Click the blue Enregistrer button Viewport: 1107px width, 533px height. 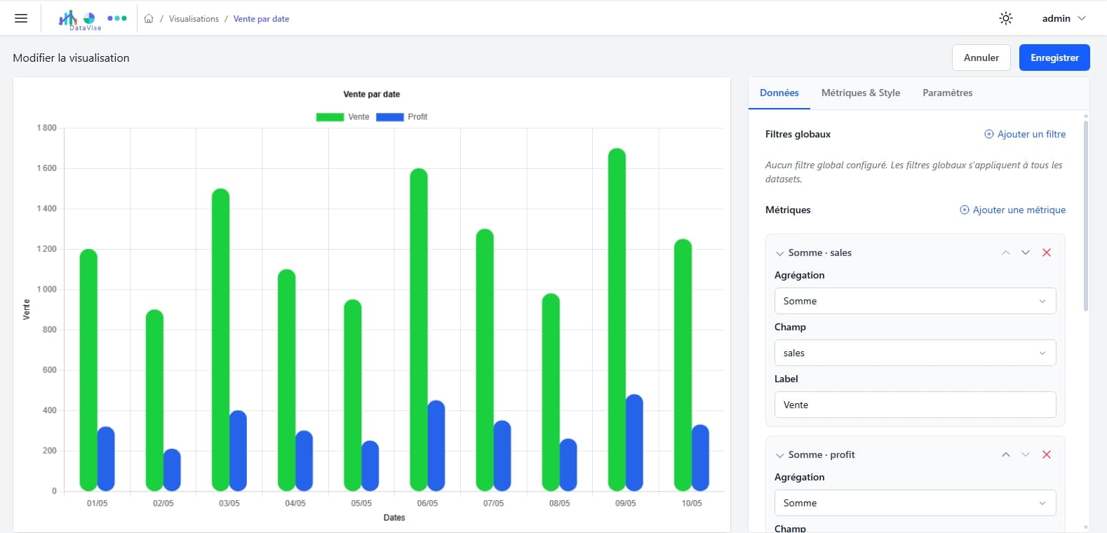1054,58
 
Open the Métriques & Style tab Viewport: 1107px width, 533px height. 860,93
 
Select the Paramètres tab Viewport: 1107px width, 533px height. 947,93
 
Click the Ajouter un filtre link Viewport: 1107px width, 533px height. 1025,134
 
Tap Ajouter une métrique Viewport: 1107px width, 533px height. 1012,210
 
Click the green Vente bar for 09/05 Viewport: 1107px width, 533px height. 617,320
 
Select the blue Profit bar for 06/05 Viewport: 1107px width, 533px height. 436,445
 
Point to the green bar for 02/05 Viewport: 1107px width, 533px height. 154,400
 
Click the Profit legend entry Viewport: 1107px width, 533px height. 402,117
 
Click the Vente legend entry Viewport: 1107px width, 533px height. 343,117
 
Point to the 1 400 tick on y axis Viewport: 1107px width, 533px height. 47,208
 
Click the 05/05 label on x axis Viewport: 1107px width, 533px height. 361,504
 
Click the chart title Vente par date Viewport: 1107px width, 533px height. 371,94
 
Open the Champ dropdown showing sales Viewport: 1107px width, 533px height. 915,353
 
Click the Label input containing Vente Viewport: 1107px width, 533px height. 915,405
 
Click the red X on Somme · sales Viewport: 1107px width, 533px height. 1047,252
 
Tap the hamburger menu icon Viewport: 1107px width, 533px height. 21,18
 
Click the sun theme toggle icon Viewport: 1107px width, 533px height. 1005,18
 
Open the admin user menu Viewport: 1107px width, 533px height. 1064,18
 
